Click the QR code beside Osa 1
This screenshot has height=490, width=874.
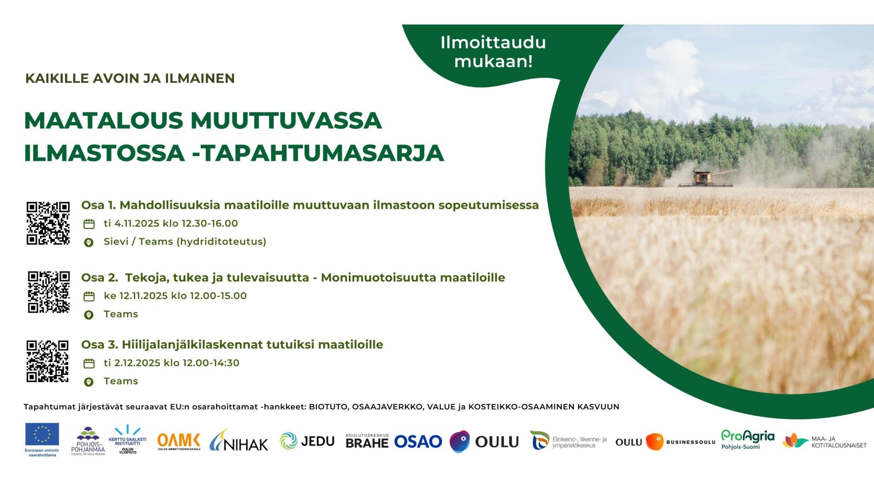(x=48, y=223)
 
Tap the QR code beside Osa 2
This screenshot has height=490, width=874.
(x=49, y=292)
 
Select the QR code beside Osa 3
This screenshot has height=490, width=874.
(x=47, y=361)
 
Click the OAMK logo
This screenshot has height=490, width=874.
(x=179, y=441)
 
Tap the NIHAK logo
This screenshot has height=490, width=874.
(x=239, y=440)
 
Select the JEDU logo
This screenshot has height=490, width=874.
(x=307, y=441)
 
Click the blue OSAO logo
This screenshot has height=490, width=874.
(x=418, y=441)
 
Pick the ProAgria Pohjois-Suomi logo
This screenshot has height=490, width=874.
(x=747, y=439)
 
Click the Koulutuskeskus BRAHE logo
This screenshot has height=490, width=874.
(x=367, y=440)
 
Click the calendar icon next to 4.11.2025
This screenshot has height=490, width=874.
(x=89, y=224)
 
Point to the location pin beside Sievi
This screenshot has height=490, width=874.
(x=89, y=242)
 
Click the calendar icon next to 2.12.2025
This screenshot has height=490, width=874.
(x=89, y=364)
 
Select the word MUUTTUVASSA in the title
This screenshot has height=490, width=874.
(x=286, y=121)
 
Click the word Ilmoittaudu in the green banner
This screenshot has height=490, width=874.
(x=493, y=42)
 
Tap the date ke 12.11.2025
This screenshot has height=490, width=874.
(x=136, y=296)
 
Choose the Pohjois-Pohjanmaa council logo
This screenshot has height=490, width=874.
(x=88, y=441)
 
